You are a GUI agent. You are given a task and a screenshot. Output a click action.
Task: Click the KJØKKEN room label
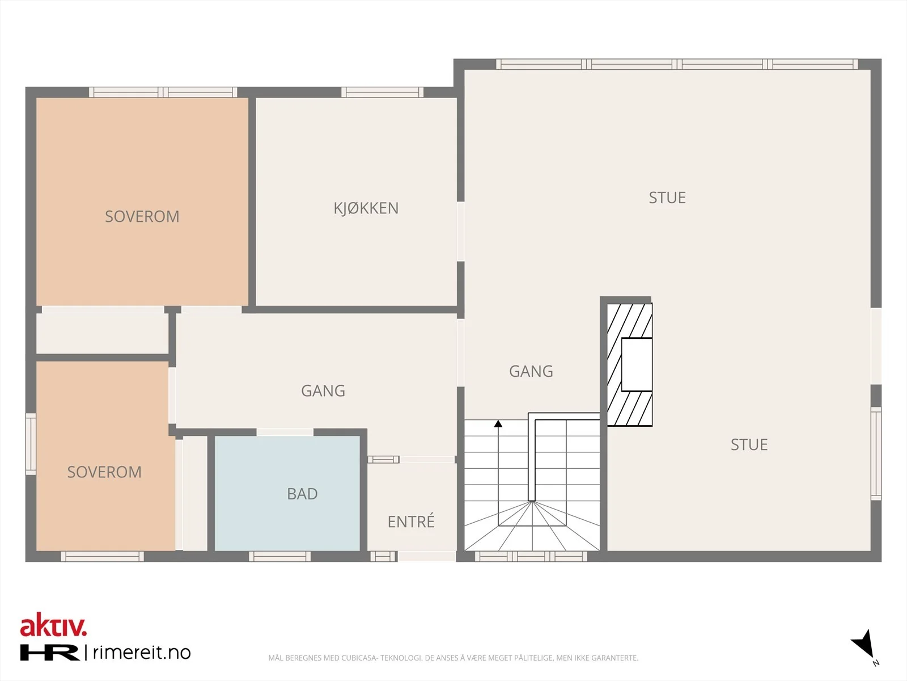pyautogui.click(x=366, y=208)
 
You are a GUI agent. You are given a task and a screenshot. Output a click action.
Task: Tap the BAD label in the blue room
pyautogui.click(x=303, y=494)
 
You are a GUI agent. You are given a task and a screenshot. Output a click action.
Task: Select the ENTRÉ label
pyautogui.click(x=411, y=521)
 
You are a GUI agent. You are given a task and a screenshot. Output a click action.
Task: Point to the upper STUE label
pyautogui.click(x=667, y=197)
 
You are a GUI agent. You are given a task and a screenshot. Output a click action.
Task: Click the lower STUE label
pyautogui.click(x=749, y=444)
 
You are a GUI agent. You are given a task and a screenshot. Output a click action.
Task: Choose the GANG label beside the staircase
pyautogui.click(x=531, y=371)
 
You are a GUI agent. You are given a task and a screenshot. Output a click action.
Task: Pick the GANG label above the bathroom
pyautogui.click(x=323, y=391)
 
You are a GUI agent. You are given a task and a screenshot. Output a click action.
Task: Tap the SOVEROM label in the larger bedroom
pyautogui.click(x=142, y=217)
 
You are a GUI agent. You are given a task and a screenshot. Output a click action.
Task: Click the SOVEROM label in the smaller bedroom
pyautogui.click(x=104, y=472)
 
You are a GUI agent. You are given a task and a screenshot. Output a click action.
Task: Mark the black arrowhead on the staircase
pyautogui.click(x=498, y=423)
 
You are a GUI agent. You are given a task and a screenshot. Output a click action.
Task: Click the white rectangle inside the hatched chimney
pyautogui.click(x=637, y=364)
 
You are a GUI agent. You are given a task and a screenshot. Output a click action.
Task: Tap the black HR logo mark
pyautogui.click(x=49, y=652)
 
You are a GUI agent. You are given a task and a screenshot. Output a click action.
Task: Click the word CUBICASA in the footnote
pyautogui.click(x=359, y=658)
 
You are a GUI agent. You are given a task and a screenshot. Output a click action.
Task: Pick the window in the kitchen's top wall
pyautogui.click(x=382, y=92)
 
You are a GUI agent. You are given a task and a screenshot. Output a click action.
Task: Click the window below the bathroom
pyautogui.click(x=279, y=557)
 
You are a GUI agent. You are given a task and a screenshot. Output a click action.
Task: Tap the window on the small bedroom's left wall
pyautogui.click(x=31, y=444)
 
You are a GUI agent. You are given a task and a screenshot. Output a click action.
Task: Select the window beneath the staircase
pyautogui.click(x=531, y=557)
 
